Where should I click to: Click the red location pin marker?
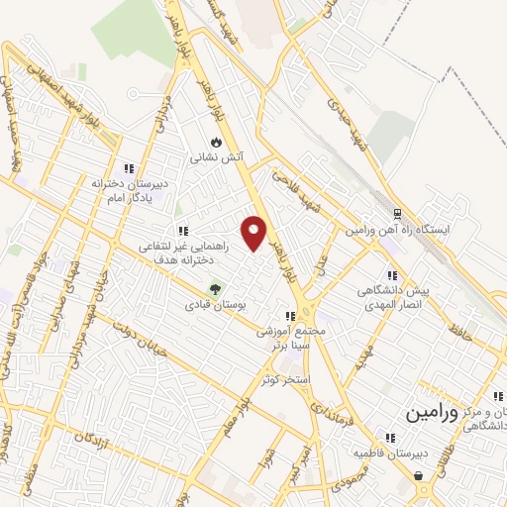(x=255, y=233)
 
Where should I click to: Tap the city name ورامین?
(x=433, y=414)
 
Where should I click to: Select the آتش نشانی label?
(x=216, y=156)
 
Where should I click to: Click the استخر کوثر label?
(x=282, y=379)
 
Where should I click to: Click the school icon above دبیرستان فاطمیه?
(x=390, y=438)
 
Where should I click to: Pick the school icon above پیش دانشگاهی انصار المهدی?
(x=392, y=276)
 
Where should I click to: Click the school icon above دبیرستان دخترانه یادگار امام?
(x=129, y=169)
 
